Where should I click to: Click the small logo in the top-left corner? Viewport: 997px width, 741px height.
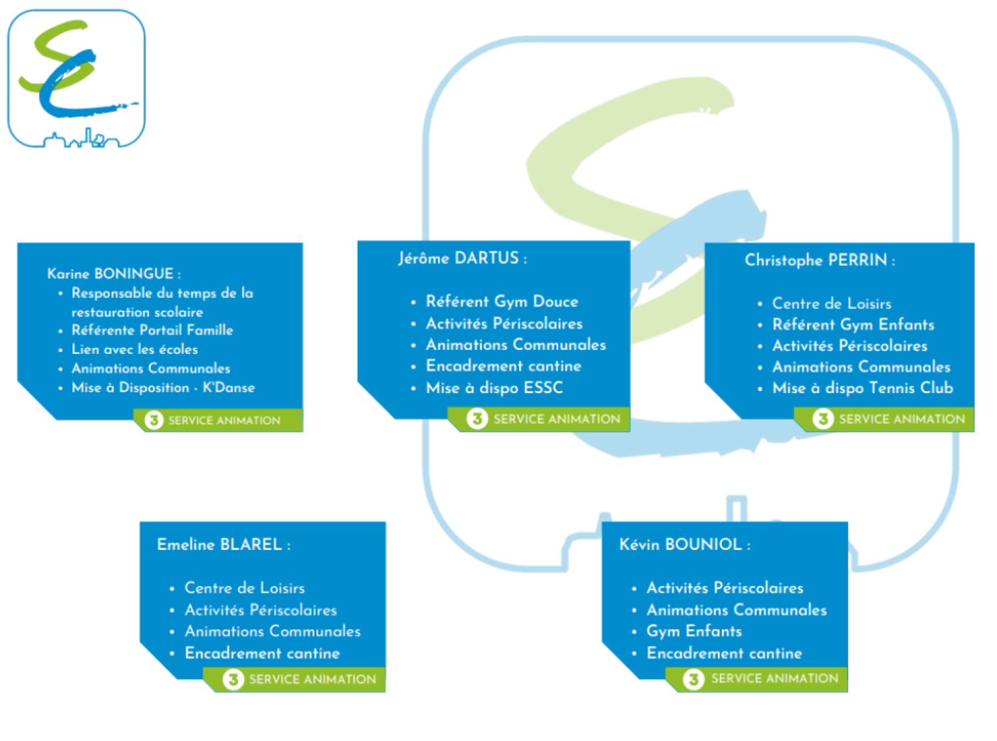[76, 78]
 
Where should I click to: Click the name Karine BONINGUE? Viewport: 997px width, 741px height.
[111, 274]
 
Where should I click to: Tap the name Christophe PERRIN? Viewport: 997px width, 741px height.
[817, 260]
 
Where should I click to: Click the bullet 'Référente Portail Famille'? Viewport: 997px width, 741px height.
[152, 331]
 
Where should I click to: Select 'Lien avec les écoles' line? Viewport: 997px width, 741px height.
[135, 349]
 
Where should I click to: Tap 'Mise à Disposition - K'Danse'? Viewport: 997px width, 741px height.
[163, 388]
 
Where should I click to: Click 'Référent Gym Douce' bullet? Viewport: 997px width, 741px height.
[502, 302]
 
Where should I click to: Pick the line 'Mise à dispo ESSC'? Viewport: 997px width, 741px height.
[495, 388]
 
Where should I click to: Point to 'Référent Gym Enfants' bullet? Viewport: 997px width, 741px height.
[853, 325]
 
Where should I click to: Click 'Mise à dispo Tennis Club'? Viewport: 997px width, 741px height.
[863, 388]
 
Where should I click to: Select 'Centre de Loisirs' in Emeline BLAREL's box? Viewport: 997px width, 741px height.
[245, 588]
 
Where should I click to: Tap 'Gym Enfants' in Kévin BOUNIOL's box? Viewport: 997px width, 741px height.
[694, 631]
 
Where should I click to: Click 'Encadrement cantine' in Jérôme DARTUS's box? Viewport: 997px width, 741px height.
[503, 366]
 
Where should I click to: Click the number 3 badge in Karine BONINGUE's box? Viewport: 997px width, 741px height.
[154, 420]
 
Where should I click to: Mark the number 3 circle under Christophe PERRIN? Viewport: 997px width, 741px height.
[823, 419]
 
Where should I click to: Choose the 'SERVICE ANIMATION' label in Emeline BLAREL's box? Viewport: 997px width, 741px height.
[312, 679]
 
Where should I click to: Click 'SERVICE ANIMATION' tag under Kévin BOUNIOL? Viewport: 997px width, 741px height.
[774, 678]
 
